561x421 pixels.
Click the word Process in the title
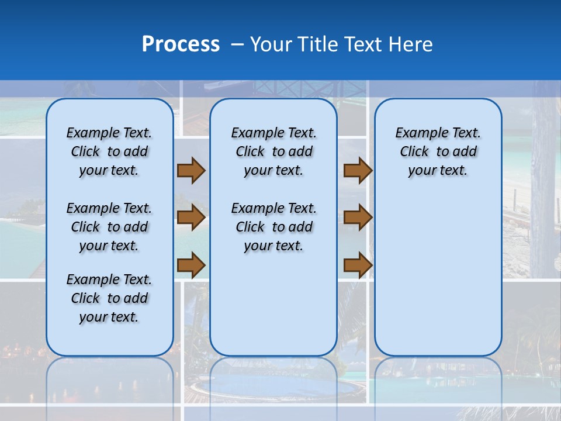click(181, 44)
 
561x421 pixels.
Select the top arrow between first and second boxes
click(191, 170)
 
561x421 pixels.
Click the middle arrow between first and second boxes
click(191, 218)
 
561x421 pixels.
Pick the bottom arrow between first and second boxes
click(191, 265)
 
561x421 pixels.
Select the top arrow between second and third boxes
click(358, 170)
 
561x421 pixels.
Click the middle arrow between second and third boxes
click(358, 218)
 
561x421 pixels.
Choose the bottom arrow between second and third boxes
click(358, 265)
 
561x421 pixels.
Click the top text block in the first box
click(109, 151)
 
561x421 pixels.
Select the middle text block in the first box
click(109, 227)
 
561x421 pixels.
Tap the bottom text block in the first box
click(109, 298)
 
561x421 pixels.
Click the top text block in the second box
click(273, 151)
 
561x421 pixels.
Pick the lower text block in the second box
click(273, 227)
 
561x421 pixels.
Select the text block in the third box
click(438, 151)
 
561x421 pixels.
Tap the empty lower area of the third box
click(438, 275)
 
